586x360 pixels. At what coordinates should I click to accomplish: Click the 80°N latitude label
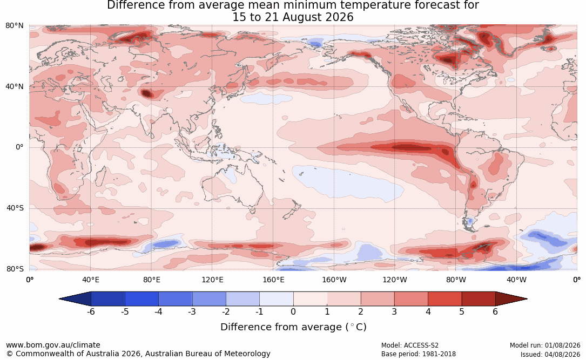pyautogui.click(x=14, y=26)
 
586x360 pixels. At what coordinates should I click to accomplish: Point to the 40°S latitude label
pyautogui.click(x=15, y=208)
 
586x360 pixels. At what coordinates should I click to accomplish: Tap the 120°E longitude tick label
pyautogui.click(x=212, y=280)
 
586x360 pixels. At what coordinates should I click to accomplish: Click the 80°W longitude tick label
pyautogui.click(x=456, y=280)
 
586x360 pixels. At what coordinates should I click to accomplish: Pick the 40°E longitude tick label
pyautogui.click(x=90, y=280)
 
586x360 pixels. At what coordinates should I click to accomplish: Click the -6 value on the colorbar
pyautogui.click(x=91, y=311)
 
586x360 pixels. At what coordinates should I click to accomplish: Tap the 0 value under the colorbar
pyautogui.click(x=293, y=311)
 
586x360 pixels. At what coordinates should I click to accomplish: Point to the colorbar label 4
pyautogui.click(x=428, y=311)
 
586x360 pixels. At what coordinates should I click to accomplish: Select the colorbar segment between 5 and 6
pyautogui.click(x=479, y=299)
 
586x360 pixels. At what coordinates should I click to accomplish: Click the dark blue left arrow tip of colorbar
pyautogui.click(x=60, y=299)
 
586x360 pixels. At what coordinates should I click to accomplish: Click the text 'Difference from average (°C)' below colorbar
pyautogui.click(x=293, y=327)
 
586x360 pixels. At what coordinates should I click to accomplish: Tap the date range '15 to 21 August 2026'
pyautogui.click(x=293, y=17)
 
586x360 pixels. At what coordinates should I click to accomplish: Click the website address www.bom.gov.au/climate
pyautogui.click(x=53, y=345)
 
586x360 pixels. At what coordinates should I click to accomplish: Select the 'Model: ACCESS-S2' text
pyautogui.click(x=410, y=345)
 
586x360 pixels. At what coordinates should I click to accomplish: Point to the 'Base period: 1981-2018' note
pyautogui.click(x=419, y=354)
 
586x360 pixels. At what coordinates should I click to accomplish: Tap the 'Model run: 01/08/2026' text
pyautogui.click(x=545, y=345)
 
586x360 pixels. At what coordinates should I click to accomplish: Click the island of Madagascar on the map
pyautogui.click(x=100, y=175)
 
